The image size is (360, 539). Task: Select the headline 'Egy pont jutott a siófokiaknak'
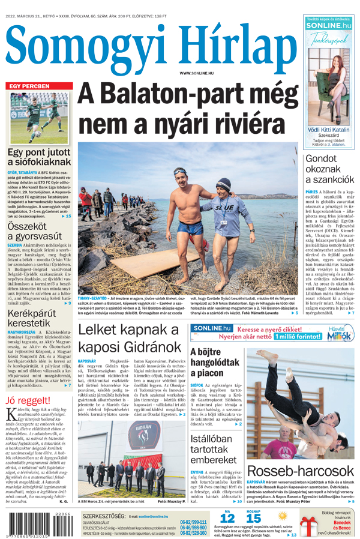[40, 157]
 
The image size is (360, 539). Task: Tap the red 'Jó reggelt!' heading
[28, 401]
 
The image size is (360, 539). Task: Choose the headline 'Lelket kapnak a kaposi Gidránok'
[129, 339]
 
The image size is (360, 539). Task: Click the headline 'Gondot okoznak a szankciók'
[330, 169]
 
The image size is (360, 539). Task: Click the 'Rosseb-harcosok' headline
[300, 471]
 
